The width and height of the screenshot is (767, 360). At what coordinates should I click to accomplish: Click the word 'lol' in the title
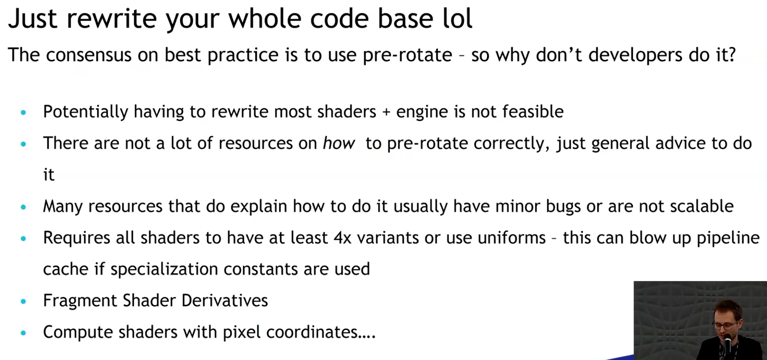point(457,18)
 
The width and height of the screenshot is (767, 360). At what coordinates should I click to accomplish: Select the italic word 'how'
point(339,143)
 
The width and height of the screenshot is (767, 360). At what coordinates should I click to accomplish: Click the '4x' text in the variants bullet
point(342,238)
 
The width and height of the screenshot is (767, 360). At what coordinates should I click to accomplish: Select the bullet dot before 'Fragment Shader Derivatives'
point(23,301)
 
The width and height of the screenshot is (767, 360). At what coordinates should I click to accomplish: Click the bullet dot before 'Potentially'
point(23,112)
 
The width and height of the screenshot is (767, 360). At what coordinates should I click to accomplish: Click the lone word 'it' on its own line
point(49,175)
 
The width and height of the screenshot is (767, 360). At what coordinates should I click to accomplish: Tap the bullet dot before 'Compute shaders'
point(23,333)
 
